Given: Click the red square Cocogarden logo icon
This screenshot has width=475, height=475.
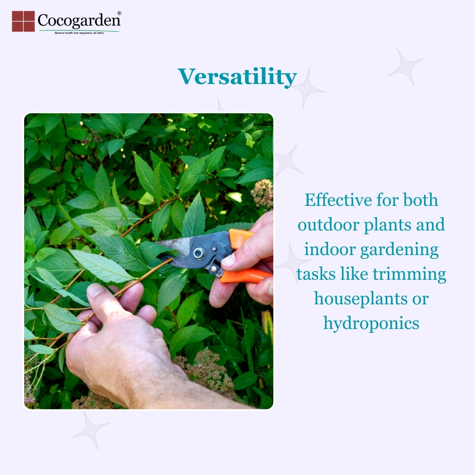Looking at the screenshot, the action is (x=23, y=21).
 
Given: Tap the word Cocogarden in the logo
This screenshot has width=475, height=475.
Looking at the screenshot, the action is (x=79, y=21).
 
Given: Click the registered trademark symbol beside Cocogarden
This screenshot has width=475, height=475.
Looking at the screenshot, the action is (x=119, y=13).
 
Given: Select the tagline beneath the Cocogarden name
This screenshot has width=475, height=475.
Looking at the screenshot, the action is (x=79, y=33).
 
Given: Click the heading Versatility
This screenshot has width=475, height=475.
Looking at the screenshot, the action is (x=237, y=77).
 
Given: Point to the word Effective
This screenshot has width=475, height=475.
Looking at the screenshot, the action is (x=338, y=200).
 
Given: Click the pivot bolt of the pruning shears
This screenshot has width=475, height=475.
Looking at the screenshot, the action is (x=199, y=253).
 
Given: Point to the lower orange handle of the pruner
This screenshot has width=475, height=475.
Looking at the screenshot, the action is (x=246, y=276).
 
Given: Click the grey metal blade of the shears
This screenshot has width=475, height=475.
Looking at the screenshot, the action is (x=175, y=245).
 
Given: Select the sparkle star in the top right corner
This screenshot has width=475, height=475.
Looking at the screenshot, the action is (x=406, y=67).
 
